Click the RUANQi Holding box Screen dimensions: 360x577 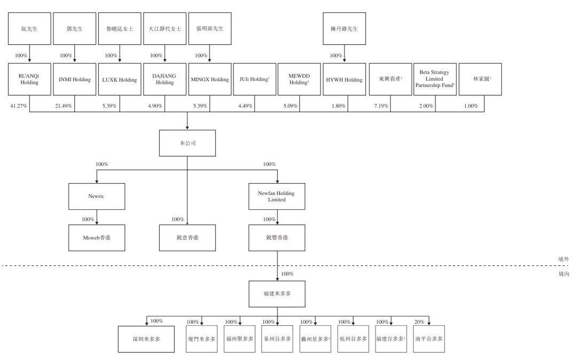[29, 80]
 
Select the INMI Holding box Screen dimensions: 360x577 [75, 80]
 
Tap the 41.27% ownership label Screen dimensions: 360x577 [19, 106]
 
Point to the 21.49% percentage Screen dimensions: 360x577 [64, 106]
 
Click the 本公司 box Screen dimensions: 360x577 [187, 144]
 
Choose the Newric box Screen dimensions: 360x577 [97, 196]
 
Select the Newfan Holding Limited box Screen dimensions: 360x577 [277, 196]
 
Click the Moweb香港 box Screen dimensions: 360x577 [97, 238]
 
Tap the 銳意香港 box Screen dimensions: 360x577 [187, 238]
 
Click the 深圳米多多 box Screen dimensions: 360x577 [146, 339]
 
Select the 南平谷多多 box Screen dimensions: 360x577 [428, 339]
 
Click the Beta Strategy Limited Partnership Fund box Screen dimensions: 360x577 [434, 80]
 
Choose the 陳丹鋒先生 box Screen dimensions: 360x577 [345, 28]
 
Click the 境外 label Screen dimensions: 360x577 [563, 259]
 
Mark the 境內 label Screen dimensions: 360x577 [563, 273]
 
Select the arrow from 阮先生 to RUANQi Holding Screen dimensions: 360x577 [29, 54]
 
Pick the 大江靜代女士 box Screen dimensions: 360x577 [165, 28]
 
